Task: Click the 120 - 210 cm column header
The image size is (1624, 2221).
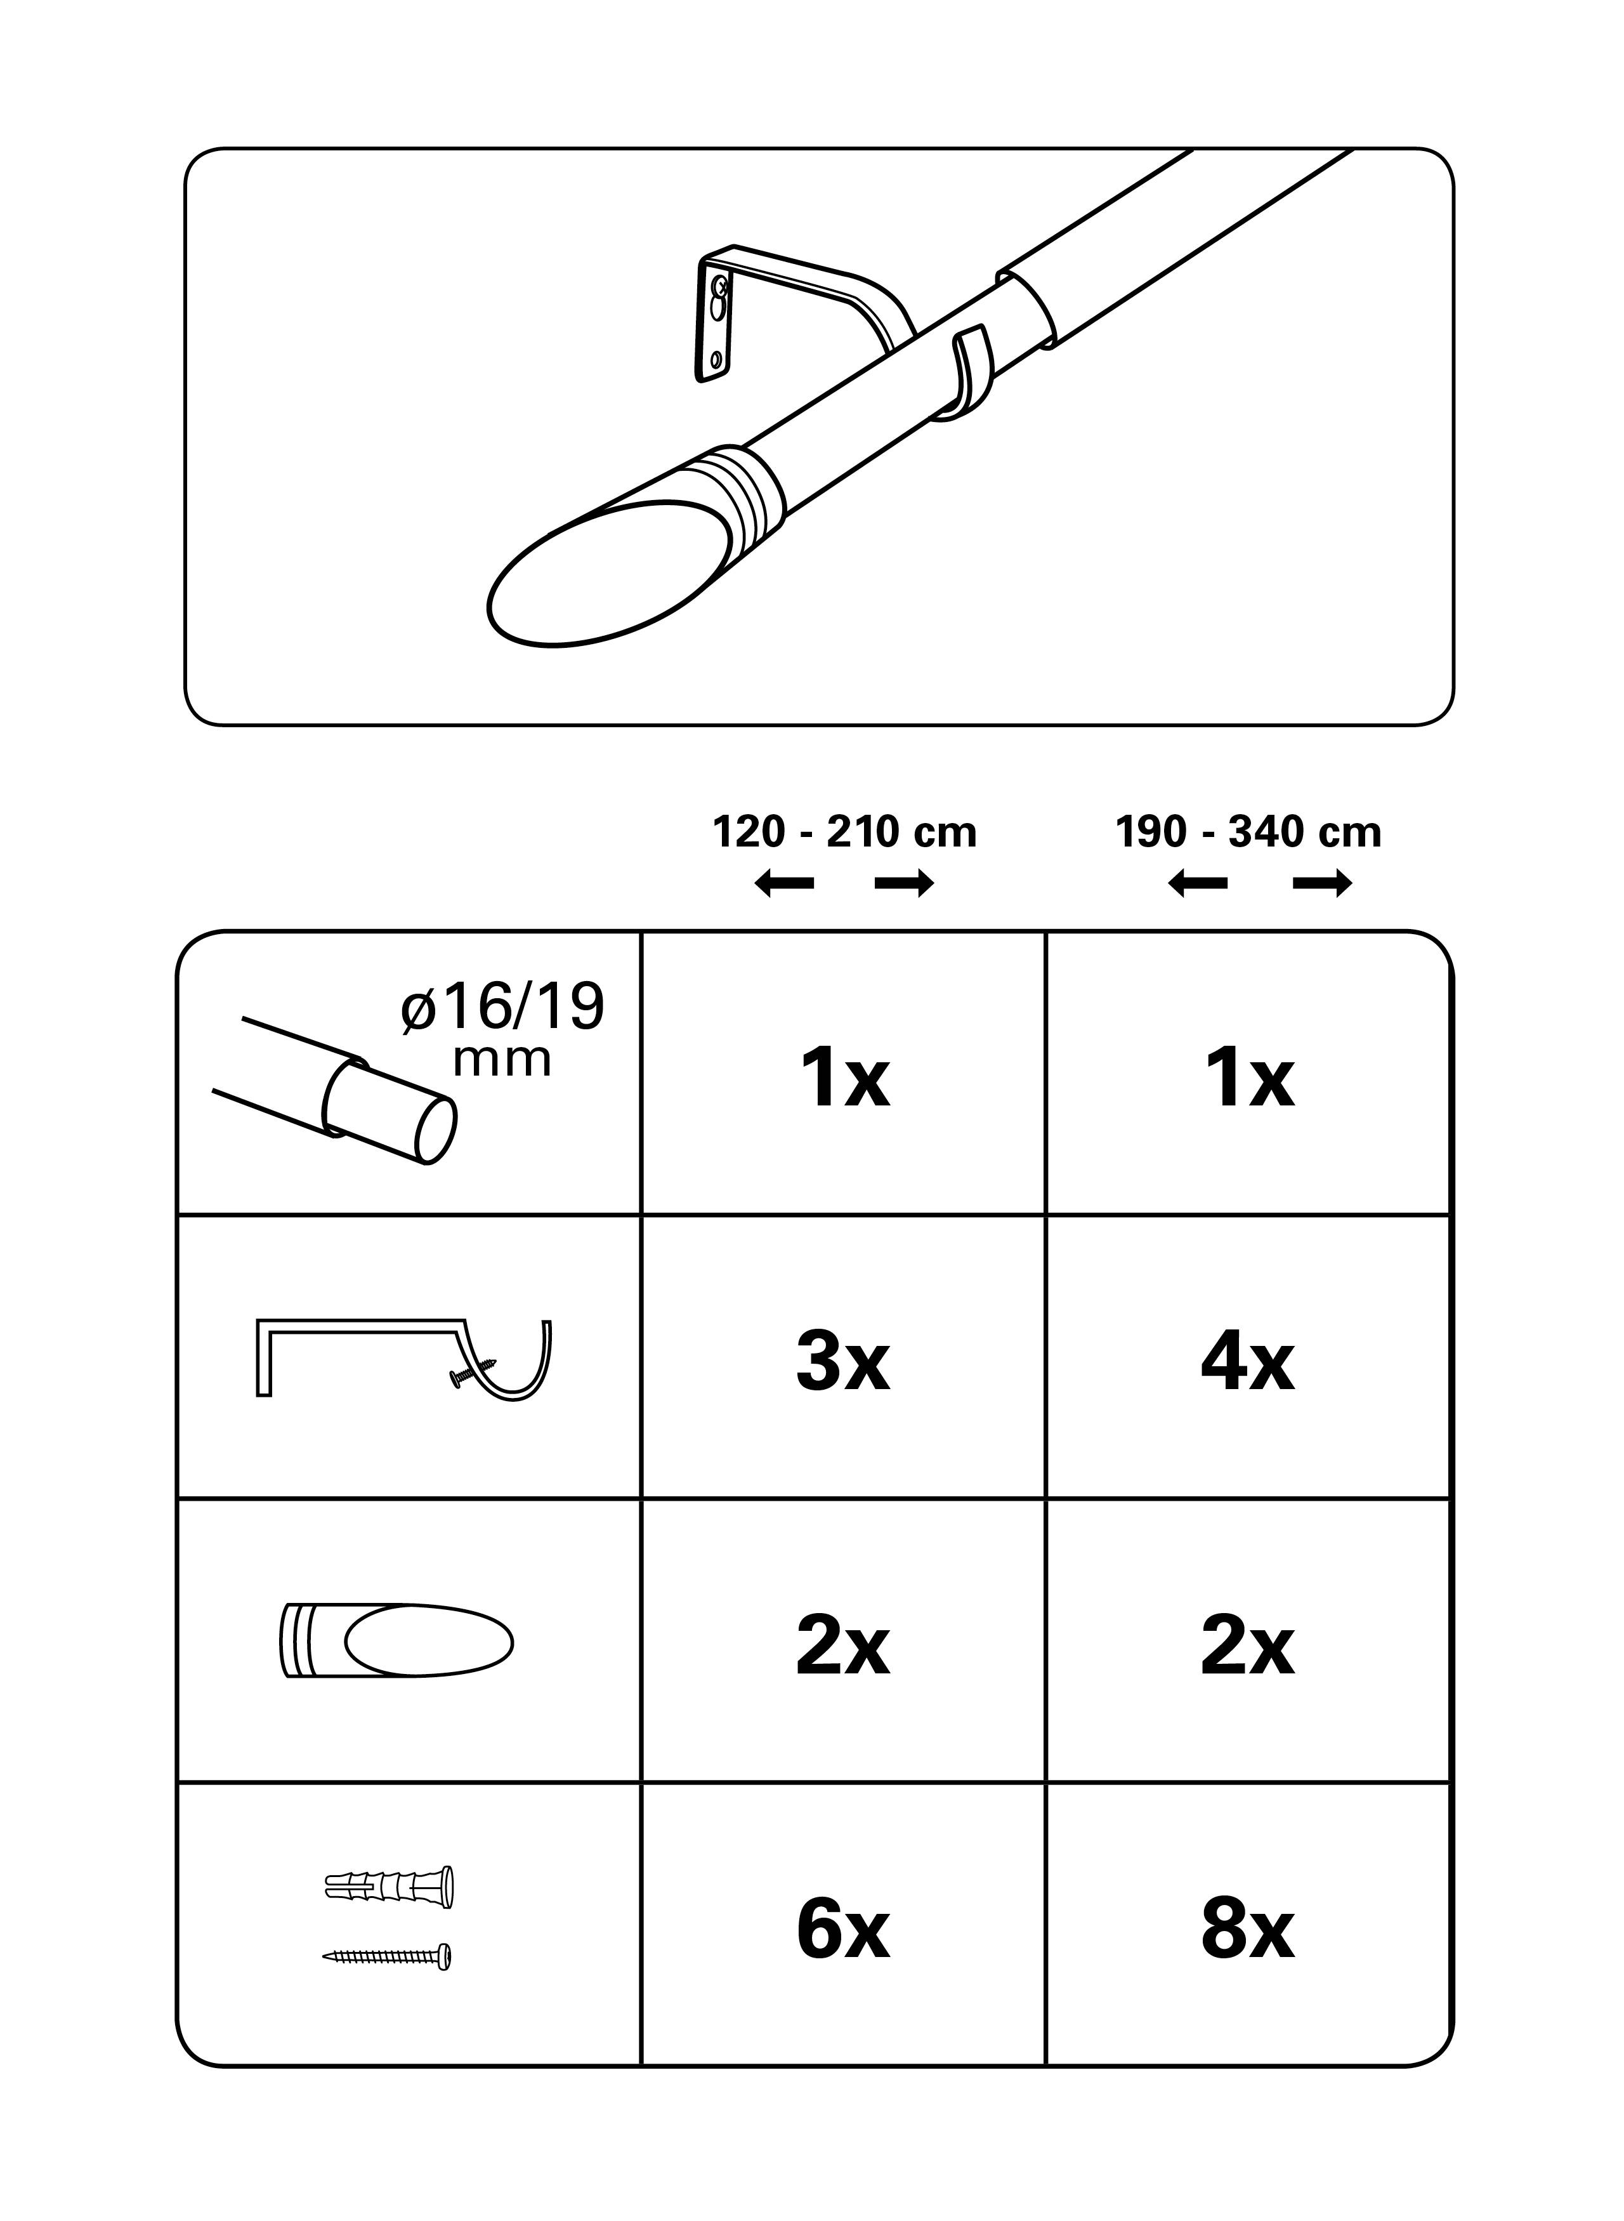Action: pos(844,833)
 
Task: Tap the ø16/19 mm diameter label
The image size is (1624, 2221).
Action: pos(502,1027)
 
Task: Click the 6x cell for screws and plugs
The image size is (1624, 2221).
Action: pos(844,1931)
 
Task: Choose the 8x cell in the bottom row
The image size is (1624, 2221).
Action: pos(1247,1931)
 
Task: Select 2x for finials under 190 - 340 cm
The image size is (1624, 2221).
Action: pos(1247,1647)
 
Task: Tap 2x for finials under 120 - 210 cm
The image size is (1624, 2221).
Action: pos(844,1647)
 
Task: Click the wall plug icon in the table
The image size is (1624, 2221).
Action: pos(390,1887)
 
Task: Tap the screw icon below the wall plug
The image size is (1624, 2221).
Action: pos(388,1956)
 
